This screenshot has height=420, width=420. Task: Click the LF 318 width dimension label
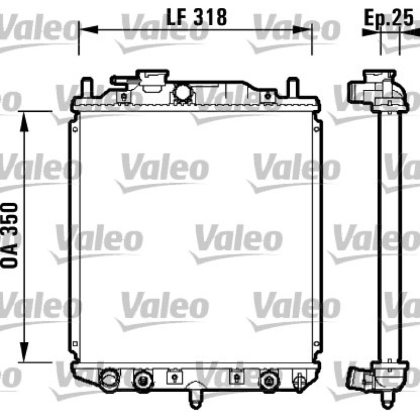click(196, 17)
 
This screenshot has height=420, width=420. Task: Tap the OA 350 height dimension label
click(10, 235)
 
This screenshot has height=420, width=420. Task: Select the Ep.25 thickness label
click(388, 18)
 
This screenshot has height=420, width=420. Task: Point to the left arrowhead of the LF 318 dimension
click(89, 30)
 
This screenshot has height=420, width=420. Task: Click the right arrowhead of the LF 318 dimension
click(302, 30)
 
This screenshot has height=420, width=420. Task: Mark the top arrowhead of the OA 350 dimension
click(24, 122)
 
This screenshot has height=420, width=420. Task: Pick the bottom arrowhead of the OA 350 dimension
click(24, 352)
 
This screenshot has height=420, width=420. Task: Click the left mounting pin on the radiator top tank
click(87, 87)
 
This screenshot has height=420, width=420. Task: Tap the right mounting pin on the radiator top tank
click(293, 87)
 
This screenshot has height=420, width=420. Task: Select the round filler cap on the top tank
click(183, 92)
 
